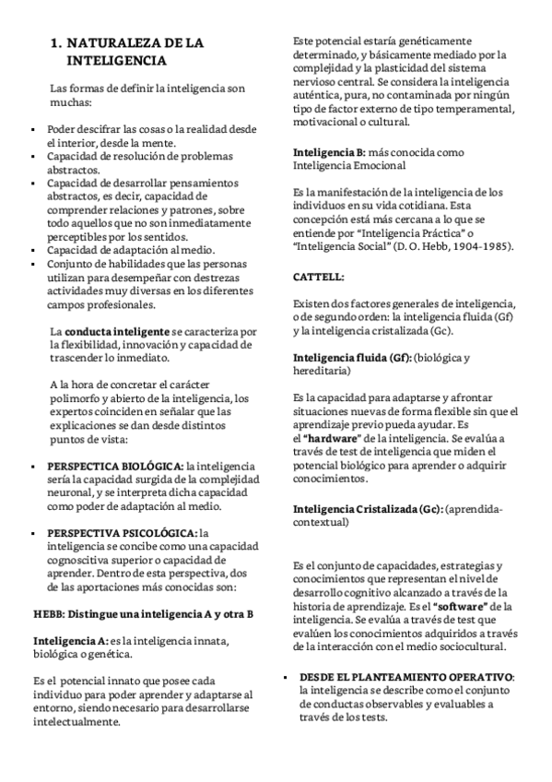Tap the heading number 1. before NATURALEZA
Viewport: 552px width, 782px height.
click(x=56, y=43)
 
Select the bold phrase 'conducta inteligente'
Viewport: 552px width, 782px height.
click(x=119, y=331)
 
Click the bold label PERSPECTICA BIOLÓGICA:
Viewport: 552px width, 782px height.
click(x=115, y=468)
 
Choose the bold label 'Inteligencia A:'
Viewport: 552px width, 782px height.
click(x=70, y=641)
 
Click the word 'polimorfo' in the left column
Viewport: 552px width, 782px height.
click(x=75, y=372)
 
